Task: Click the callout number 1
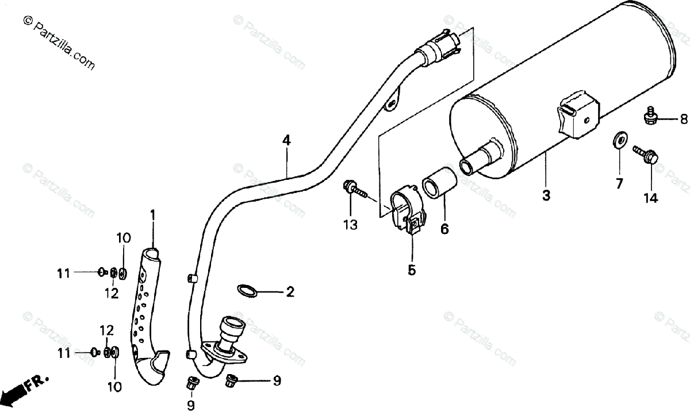[x=153, y=215]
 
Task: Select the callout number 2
[x=290, y=292]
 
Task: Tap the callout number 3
[x=546, y=195]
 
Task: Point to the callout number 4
[x=286, y=140]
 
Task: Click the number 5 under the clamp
[x=412, y=269]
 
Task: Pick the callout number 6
[x=444, y=228]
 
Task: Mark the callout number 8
[x=684, y=120]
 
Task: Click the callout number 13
[x=350, y=225]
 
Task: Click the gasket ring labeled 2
[x=247, y=291]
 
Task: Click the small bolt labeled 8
[x=650, y=117]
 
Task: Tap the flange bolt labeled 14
[x=645, y=154]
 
